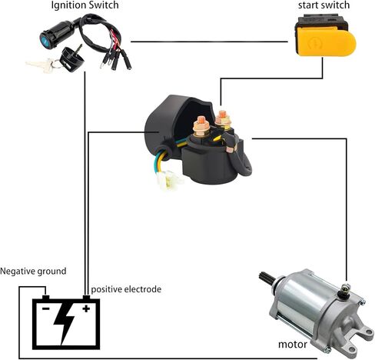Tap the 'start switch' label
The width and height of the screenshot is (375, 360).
coord(324,6)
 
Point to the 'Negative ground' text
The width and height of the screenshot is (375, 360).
coord(33,272)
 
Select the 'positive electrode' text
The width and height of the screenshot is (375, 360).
coord(126,289)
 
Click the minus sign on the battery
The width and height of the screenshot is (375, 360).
coord(45,309)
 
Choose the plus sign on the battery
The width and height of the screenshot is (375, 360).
coord(86,309)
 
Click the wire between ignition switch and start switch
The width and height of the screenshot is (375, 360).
coord(211,41)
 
